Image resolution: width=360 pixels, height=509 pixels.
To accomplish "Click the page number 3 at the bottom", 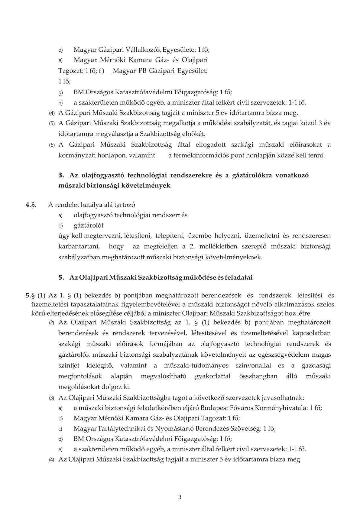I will (x=180, y=497).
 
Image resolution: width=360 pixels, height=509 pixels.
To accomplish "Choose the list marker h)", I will (x=60, y=103).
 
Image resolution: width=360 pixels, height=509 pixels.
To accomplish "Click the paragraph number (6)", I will (x=52, y=145).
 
